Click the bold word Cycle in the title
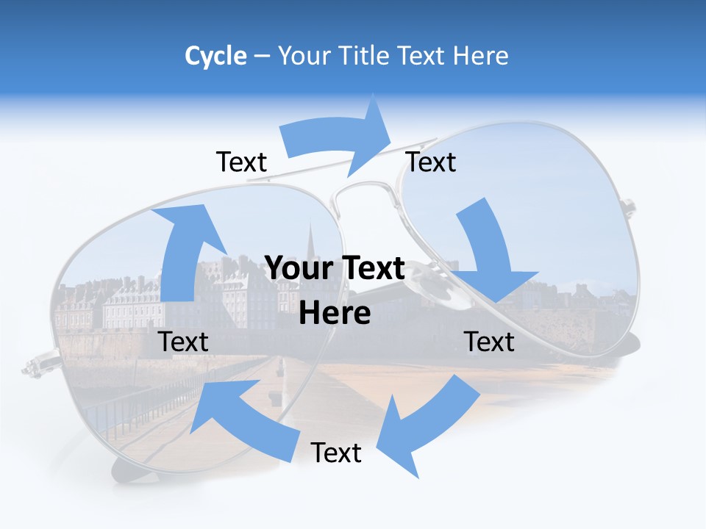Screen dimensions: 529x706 pos(215,56)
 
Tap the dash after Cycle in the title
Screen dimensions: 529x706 pos(262,57)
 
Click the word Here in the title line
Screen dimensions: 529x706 pos(482,56)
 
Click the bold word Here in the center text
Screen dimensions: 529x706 pos(335,313)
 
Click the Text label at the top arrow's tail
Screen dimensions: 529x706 pos(241,162)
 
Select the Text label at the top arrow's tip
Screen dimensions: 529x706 pos(431,162)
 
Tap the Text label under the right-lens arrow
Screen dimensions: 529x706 pos(489,342)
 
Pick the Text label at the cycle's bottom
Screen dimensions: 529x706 pos(336,453)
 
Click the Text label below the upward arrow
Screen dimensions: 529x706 pos(183,342)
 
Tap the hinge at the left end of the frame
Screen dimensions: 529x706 pos(33,364)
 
